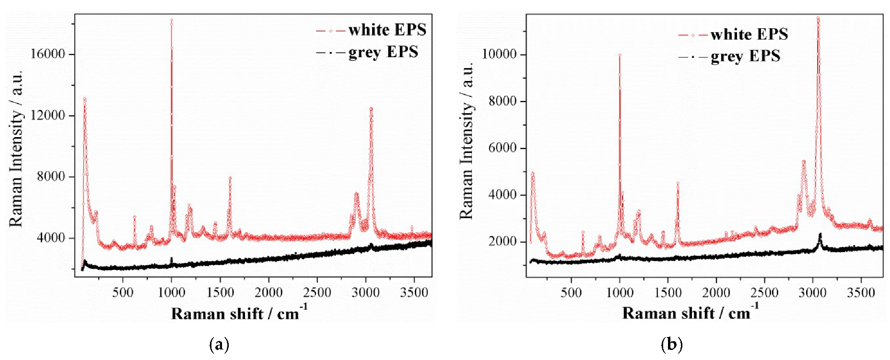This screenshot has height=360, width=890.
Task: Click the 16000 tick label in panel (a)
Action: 47,54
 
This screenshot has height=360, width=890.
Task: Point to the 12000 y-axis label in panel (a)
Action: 47,115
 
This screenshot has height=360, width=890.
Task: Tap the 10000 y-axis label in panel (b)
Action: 499,54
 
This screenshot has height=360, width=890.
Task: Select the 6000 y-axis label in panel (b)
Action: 503,148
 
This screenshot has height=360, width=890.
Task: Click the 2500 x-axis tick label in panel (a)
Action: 317,292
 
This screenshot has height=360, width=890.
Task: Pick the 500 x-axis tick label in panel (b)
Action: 571,292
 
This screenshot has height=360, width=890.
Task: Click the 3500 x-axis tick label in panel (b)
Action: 861,292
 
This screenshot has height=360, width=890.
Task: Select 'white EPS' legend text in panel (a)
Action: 387,30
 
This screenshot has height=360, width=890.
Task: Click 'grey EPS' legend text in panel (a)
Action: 383,52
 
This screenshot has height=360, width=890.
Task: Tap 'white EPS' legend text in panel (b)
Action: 749,35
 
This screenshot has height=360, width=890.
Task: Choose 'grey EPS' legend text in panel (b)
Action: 745,57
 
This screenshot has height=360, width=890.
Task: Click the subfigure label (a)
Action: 219,344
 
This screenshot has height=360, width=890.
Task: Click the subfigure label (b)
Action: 671,344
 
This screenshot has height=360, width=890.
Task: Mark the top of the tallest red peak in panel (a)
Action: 172,21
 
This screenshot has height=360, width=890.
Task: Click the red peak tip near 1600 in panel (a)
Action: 230,178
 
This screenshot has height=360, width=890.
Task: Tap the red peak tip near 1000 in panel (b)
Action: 620,55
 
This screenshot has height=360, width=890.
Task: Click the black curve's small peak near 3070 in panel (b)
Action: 820,234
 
